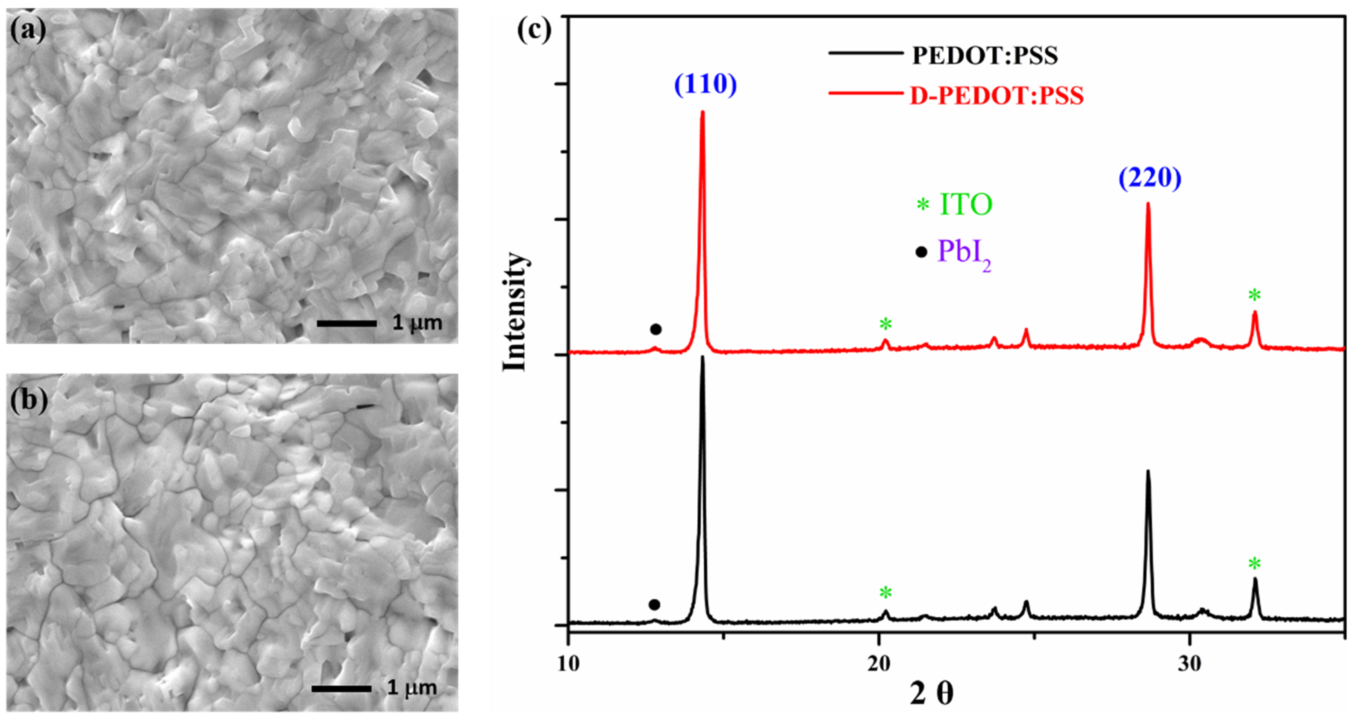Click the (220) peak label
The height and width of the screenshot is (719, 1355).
1149,178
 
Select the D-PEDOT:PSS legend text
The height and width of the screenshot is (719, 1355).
997,96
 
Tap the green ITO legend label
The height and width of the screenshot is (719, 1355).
966,204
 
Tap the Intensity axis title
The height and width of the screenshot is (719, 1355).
515,312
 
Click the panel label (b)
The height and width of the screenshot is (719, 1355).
29,400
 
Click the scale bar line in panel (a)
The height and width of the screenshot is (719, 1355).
347,323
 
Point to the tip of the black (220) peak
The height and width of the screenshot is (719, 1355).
1148,471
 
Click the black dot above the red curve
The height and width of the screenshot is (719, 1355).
655,329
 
